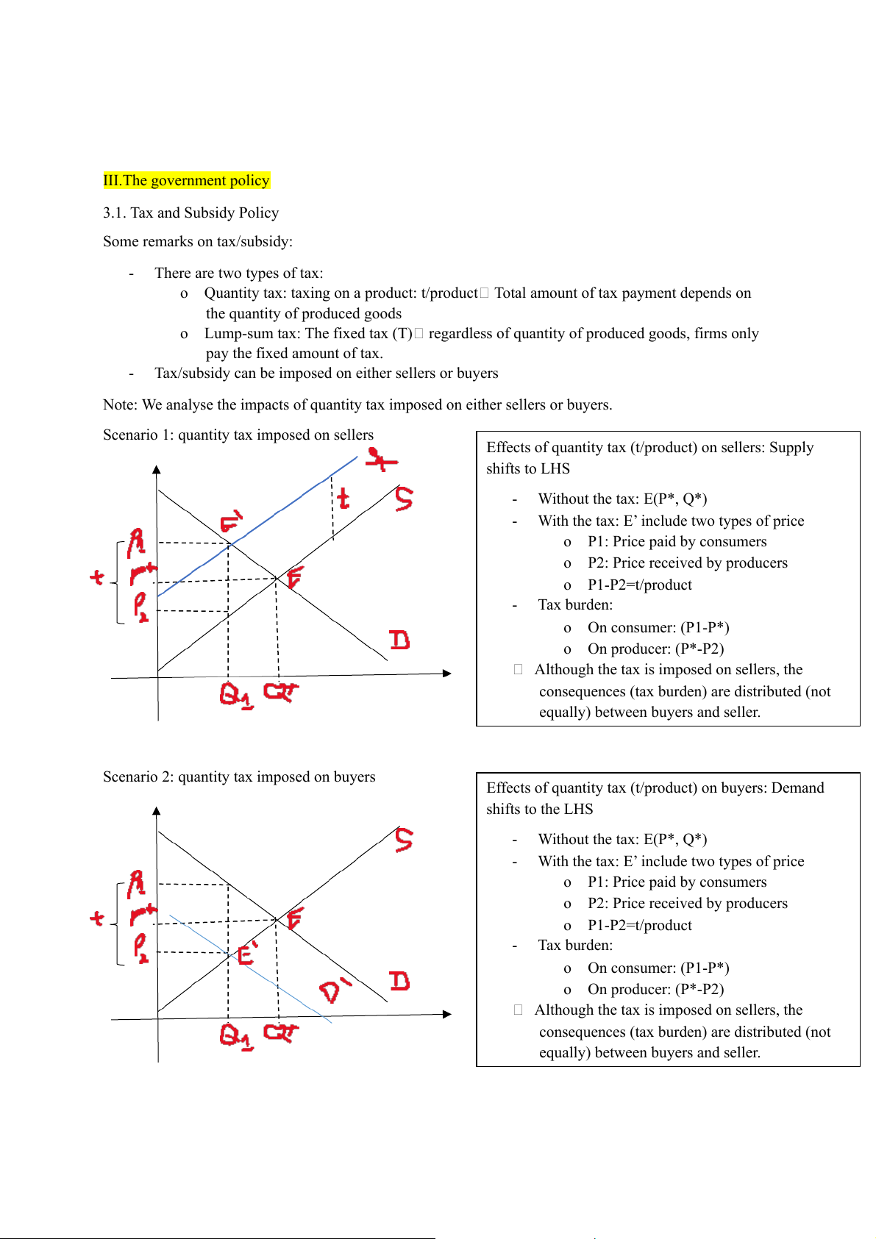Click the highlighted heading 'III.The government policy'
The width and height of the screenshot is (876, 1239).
click(186, 180)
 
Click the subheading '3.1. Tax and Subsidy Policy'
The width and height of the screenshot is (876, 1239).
click(190, 213)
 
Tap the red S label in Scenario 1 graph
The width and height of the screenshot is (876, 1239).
click(404, 498)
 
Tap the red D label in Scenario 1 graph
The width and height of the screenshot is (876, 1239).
click(399, 640)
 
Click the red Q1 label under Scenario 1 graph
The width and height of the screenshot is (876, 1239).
click(235, 695)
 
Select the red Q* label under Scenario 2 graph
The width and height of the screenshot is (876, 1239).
click(281, 1032)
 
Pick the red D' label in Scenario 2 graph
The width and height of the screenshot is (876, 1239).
click(335, 990)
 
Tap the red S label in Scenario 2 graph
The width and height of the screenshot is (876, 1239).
click(404, 839)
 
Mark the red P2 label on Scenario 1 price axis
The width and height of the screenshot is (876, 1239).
click(140, 607)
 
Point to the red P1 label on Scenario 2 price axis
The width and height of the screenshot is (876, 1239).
click(137, 884)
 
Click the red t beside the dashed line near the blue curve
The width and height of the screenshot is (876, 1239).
click(343, 499)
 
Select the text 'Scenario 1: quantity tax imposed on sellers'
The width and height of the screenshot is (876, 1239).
click(238, 435)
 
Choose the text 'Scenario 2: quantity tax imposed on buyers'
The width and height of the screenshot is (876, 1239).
click(239, 776)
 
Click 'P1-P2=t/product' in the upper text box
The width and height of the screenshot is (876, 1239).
click(639, 585)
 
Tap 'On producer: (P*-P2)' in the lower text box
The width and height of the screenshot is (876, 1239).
click(655, 989)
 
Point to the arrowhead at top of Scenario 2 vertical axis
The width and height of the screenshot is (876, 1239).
click(157, 811)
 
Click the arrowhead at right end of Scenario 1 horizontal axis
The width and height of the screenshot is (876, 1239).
click(446, 673)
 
